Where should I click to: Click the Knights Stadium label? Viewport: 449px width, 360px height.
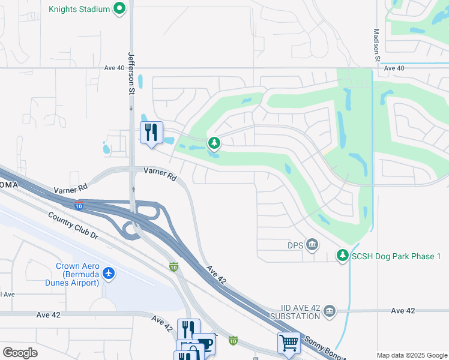pos(79,9)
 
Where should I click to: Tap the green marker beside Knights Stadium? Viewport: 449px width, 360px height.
pos(119,9)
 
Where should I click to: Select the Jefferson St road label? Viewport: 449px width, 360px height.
pos(131,73)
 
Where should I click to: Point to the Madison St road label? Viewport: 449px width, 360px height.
pos(376,45)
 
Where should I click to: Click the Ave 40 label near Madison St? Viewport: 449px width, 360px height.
pos(394,68)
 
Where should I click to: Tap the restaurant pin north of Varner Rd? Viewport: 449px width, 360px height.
pos(151,132)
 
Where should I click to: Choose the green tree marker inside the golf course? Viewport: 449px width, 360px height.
pos(214,143)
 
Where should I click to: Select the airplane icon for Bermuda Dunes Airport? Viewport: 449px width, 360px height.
pos(109,274)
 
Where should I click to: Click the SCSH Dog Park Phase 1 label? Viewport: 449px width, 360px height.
pos(397,256)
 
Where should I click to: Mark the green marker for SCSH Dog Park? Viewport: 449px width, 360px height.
pos(343,256)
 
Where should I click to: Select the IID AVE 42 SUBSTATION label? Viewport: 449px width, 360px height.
pos(294,311)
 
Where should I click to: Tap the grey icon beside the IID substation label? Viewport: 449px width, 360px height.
pos(329,311)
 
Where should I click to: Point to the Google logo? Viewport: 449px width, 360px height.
pos(20,352)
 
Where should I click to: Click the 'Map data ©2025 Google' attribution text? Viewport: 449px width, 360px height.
pos(412,355)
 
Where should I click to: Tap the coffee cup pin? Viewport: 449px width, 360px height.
pos(205,344)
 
